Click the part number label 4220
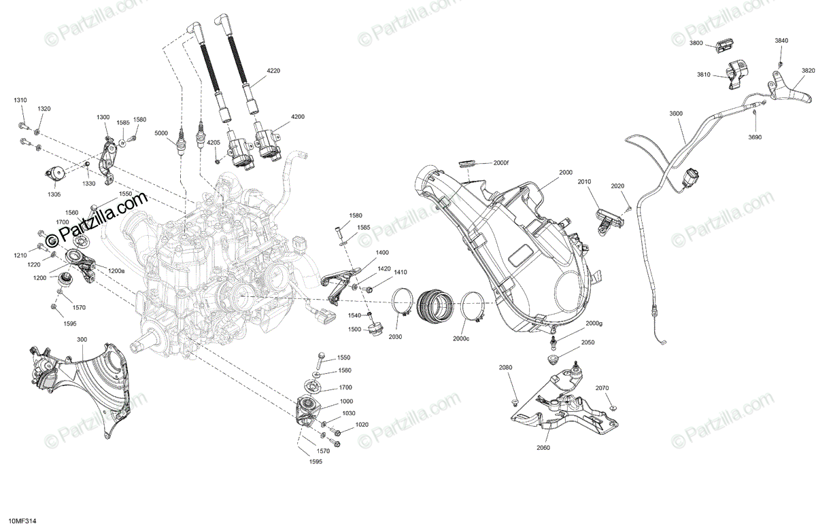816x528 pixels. pos(273,71)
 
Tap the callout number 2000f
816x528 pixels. pos(501,163)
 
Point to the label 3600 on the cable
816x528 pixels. pos(676,113)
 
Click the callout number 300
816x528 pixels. pos(82,339)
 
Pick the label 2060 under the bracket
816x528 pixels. pos(543,448)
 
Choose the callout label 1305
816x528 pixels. pos(54,194)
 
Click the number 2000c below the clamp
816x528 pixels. pos(461,338)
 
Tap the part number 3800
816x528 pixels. pos(696,43)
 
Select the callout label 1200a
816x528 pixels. pos(116,270)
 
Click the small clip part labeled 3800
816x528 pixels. pos(723,47)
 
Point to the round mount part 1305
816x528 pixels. pos(54,174)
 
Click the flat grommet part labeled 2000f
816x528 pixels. pos(468,162)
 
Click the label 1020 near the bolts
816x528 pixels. pos(362,425)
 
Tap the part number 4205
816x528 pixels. pos(214,143)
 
